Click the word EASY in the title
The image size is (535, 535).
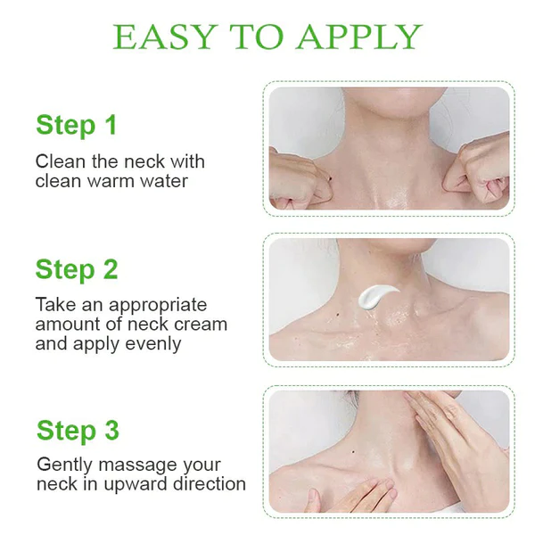point(165,37)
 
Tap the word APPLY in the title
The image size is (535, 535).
point(360,37)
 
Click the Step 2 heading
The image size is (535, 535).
point(77,270)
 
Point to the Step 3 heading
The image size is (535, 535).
point(78,431)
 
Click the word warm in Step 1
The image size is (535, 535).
point(111,181)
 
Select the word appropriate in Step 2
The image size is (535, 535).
point(158,306)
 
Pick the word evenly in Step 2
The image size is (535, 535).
point(152,344)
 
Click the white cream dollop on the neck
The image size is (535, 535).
point(376,296)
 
